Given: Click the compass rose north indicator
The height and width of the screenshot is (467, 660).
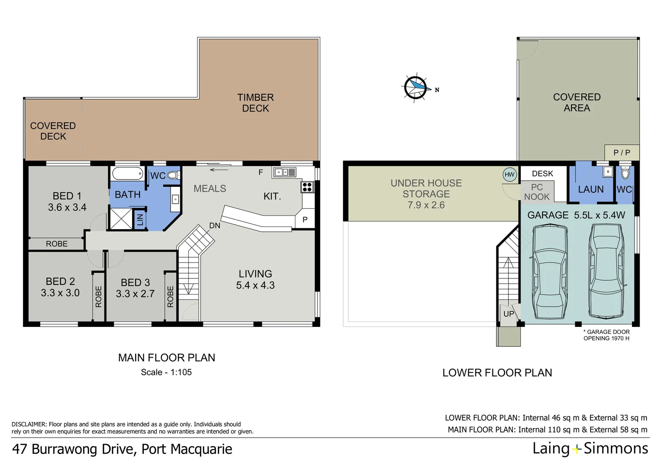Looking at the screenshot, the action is point(416,88).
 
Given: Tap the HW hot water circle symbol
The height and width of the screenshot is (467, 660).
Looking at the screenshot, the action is point(509,175).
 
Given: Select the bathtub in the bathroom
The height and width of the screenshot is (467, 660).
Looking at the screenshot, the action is point(127,173).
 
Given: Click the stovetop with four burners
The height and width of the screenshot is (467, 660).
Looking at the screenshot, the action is point(307,187).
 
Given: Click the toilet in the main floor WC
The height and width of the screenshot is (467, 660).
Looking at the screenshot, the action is point(174,176).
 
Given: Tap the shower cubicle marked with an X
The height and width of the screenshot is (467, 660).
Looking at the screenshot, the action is point(121,219).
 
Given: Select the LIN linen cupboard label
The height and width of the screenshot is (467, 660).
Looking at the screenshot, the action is point(140,220).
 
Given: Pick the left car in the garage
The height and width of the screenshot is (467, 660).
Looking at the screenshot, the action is point(550,272).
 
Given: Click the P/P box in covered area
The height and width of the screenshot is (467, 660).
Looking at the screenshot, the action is point(622,153).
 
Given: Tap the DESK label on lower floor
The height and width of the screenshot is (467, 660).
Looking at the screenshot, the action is point(543,174).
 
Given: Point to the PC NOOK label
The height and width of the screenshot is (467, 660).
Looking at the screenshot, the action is point(537,192).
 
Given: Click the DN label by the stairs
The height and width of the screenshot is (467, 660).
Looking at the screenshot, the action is point(215,226).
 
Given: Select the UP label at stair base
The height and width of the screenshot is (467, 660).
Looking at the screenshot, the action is point(508,314).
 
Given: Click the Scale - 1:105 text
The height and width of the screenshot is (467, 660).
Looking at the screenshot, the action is point(166,372).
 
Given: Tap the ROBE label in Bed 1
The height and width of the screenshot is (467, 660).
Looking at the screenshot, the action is point(57,244).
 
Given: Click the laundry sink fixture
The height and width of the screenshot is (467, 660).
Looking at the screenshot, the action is point(608,172).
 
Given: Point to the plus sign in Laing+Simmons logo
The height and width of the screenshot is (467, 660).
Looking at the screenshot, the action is point(577,450).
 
